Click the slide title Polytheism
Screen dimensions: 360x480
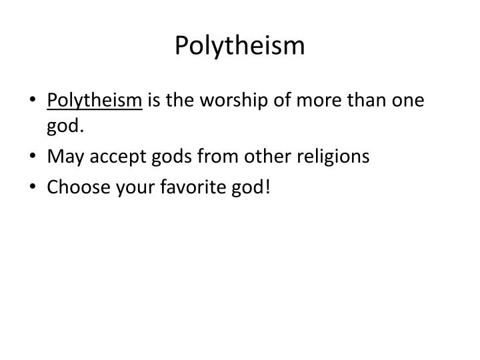click(240, 45)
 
